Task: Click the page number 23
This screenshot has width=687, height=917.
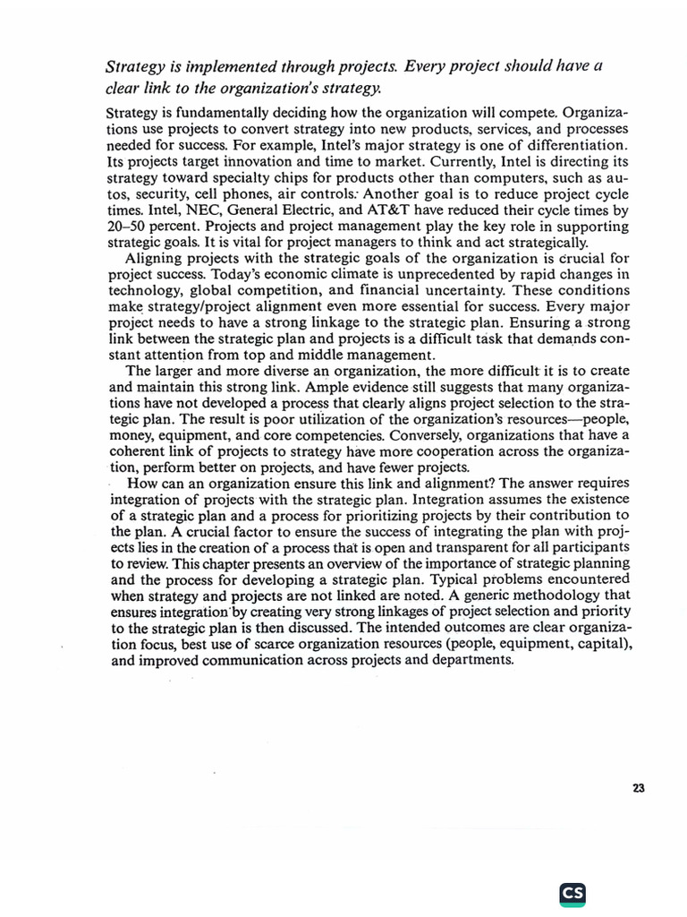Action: coord(639,788)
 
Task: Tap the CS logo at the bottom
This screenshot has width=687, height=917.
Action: coord(572,893)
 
